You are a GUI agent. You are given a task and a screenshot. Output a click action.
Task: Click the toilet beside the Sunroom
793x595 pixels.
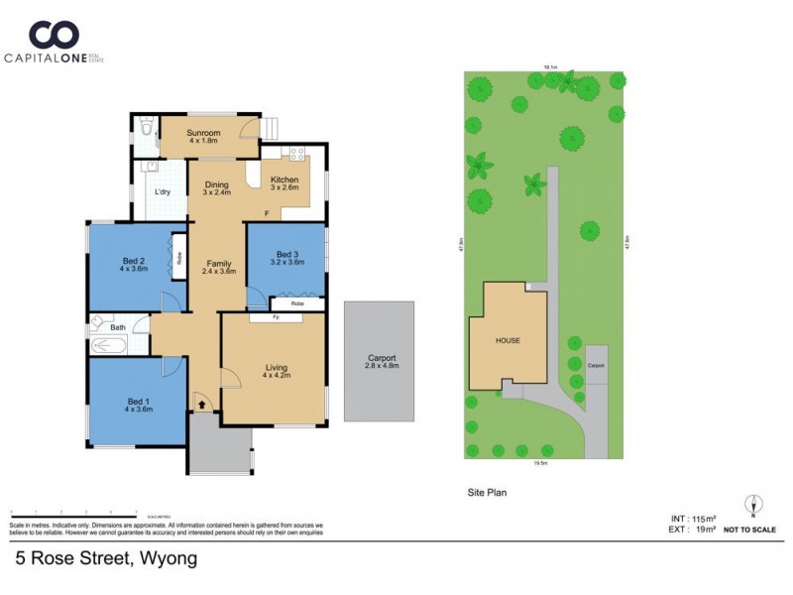click(x=146, y=128)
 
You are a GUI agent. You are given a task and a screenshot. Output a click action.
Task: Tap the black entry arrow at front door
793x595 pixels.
click(x=202, y=404)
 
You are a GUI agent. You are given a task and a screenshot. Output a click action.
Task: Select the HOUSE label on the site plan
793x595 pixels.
click(x=508, y=340)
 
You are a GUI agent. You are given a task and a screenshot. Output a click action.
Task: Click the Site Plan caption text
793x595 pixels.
click(x=487, y=491)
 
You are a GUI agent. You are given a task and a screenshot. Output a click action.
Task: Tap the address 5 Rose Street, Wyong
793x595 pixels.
click(x=106, y=558)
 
